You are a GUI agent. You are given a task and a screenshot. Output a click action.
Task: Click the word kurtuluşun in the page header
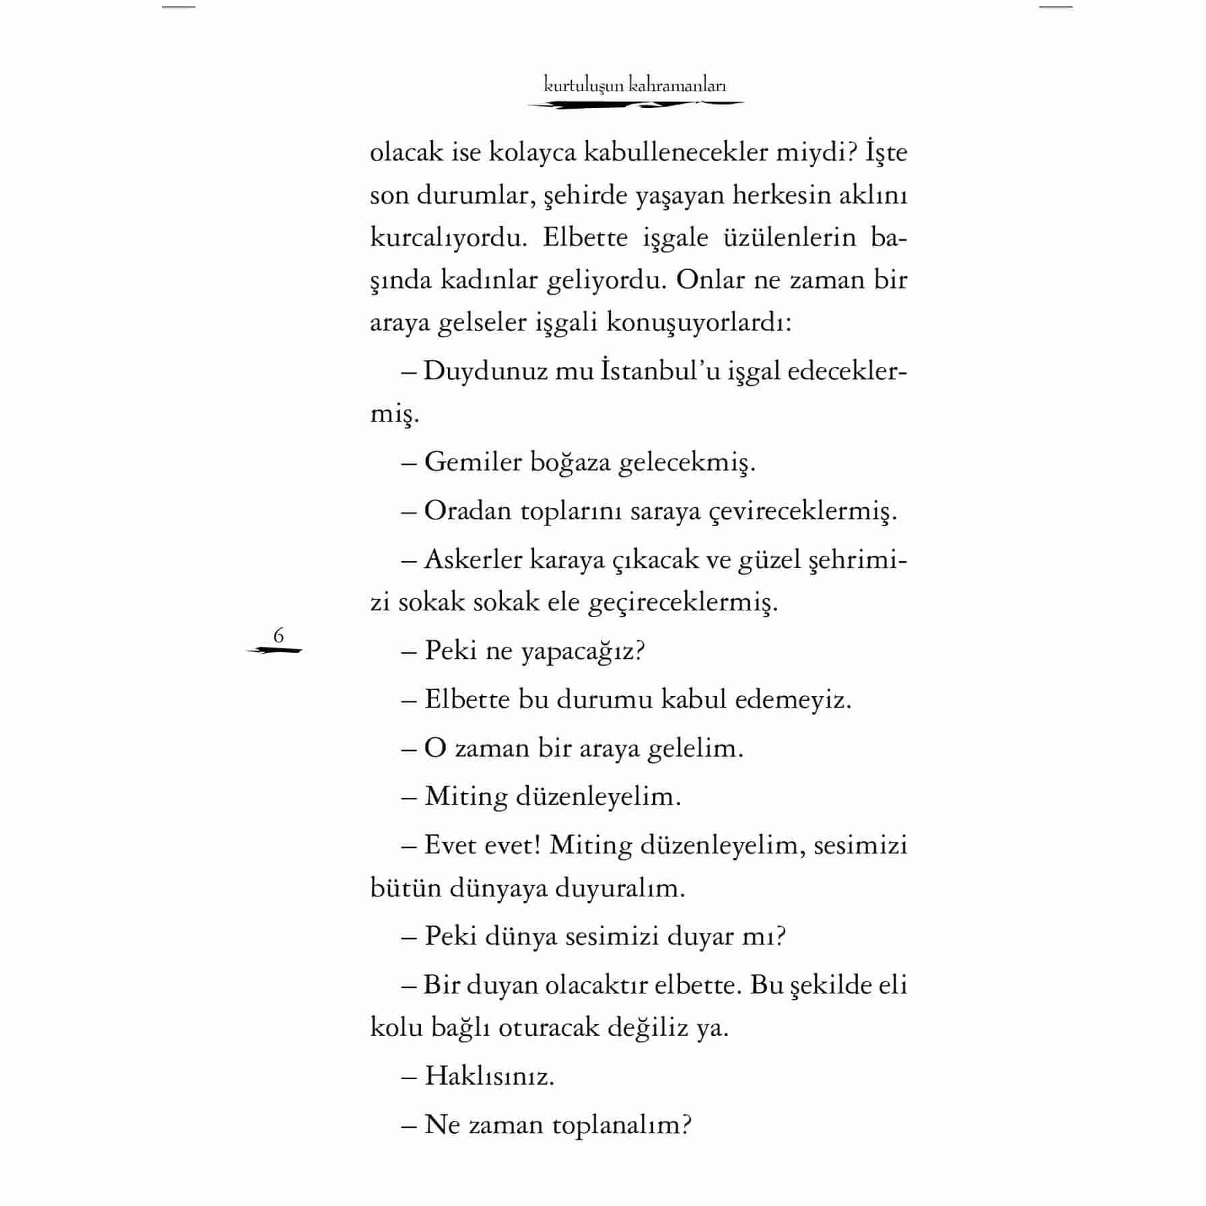(583, 86)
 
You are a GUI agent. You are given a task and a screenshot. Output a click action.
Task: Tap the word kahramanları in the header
(677, 86)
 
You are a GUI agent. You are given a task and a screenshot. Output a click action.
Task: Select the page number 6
(279, 635)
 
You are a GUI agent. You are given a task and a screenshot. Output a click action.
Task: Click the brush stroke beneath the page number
(275, 651)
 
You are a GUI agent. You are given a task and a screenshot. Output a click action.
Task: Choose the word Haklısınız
(489, 1076)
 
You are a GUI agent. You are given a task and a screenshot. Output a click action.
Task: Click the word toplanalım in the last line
(621, 1124)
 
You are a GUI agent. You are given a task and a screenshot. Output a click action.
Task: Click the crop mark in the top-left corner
(178, 7)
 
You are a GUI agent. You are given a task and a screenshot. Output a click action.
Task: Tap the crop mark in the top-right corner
(1056, 7)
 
